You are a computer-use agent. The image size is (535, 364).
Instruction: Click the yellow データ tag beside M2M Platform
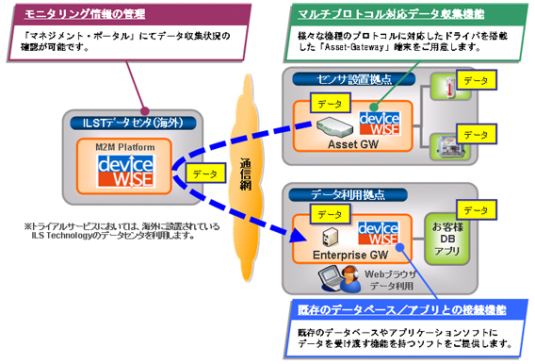202,174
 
